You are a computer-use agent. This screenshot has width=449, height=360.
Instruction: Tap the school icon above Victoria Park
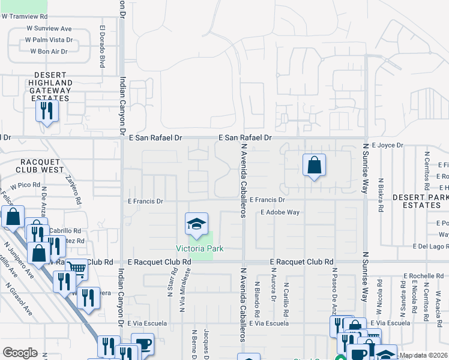[x=196, y=225]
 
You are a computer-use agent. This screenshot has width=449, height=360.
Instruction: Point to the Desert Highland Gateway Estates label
[x=50, y=90]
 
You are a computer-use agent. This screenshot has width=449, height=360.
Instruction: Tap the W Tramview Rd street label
[x=24, y=17]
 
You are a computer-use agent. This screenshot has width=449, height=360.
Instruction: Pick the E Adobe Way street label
[x=280, y=212]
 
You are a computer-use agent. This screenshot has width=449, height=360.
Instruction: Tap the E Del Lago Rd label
[x=430, y=247]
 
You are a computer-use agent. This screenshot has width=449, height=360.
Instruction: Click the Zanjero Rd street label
[x=73, y=191]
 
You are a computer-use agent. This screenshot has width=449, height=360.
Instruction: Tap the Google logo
[x=20, y=353]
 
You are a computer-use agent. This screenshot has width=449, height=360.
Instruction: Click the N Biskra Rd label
[x=381, y=196]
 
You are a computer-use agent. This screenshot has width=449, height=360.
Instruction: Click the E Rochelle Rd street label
[x=423, y=276]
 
